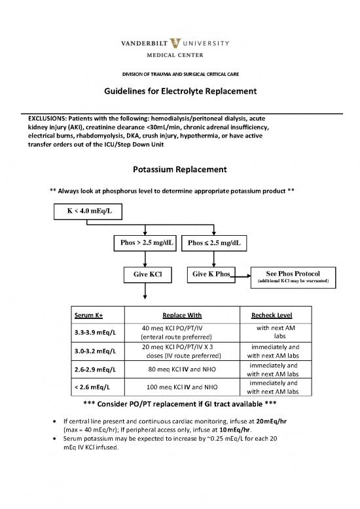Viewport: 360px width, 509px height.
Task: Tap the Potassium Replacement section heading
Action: tap(179, 170)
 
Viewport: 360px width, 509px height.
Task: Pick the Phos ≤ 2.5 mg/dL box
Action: tap(213, 243)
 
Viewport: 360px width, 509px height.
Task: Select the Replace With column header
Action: tap(173, 314)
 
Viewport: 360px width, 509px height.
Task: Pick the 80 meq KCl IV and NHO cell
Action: tap(173, 369)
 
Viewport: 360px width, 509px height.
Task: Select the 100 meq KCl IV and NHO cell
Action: tap(173, 387)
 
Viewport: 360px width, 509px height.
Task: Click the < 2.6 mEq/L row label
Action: tap(95, 387)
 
